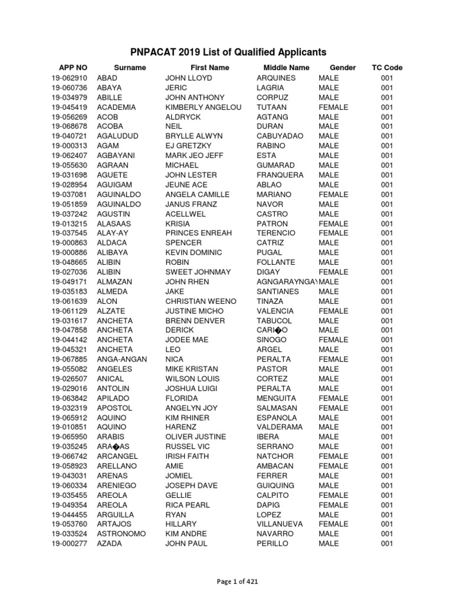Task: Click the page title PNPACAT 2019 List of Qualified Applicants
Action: tap(226, 52)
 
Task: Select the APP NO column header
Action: tap(73, 68)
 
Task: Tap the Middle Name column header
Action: tap(286, 68)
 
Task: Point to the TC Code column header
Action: tap(387, 68)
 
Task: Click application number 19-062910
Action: tap(69, 78)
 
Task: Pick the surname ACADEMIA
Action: tap(116, 107)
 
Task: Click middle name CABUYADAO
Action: tap(280, 136)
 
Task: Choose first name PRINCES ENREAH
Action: tap(199, 233)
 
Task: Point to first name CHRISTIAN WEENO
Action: tap(201, 301)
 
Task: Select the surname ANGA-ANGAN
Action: tap(122, 359)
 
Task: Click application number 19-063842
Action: tap(69, 398)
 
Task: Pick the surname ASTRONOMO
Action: tap(122, 534)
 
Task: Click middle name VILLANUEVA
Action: tap(281, 524)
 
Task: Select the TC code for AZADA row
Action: tap(386, 543)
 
